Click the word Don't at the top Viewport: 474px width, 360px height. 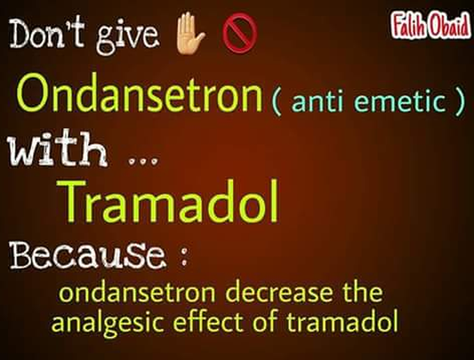click(x=47, y=33)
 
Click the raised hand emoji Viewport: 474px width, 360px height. click(x=190, y=33)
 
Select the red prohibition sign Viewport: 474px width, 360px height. click(x=240, y=33)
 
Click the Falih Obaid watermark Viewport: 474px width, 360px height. click(x=431, y=26)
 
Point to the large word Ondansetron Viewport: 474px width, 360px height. click(x=139, y=93)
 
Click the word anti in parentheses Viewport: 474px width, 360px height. click(x=317, y=101)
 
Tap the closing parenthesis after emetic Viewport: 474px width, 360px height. click(x=459, y=102)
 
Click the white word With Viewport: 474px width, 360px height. click(x=57, y=148)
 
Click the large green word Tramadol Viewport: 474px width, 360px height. click(x=171, y=201)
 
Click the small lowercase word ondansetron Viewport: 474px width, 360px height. click(x=137, y=292)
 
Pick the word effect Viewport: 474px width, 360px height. click(x=208, y=321)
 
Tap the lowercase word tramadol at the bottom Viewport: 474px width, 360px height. click(x=342, y=321)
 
